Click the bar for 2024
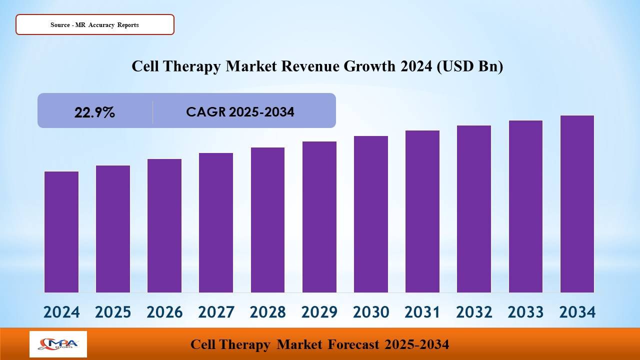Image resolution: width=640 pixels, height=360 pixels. [x=61, y=232]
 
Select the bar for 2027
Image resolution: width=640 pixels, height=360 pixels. [x=216, y=222]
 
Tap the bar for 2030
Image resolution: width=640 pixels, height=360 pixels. [x=371, y=214]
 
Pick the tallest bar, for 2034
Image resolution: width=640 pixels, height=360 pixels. [x=577, y=204]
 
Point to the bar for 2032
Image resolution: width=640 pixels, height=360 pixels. [x=474, y=209]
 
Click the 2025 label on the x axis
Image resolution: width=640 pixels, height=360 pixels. [x=113, y=312]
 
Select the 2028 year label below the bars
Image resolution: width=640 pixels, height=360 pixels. [x=267, y=312]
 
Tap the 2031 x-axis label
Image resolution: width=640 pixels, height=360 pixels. [x=422, y=312]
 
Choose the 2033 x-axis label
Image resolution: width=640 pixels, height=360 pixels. [x=525, y=312]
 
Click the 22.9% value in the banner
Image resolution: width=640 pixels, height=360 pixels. [x=94, y=112]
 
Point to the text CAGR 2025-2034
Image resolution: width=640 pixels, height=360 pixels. [x=240, y=112]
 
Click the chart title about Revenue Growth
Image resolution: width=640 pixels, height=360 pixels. [x=317, y=66]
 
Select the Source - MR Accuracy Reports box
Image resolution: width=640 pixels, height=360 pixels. [x=95, y=24]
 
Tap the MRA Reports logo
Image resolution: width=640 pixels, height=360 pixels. [x=58, y=344]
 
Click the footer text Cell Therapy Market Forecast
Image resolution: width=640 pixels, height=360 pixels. [x=319, y=344]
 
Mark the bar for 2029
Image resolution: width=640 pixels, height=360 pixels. [x=319, y=217]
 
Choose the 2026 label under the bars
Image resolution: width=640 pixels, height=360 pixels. [x=164, y=312]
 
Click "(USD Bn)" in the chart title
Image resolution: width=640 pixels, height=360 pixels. [x=469, y=66]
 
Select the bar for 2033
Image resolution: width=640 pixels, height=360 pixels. [x=525, y=206]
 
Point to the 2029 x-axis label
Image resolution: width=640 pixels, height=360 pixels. [x=319, y=312]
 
